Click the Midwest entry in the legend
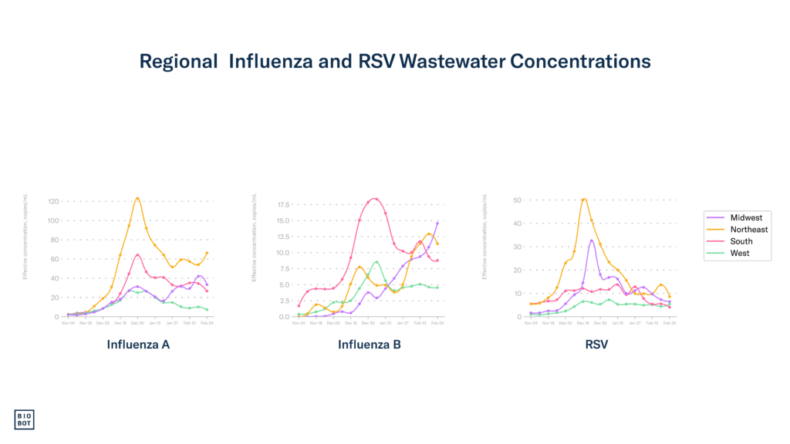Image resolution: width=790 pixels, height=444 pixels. (745, 218)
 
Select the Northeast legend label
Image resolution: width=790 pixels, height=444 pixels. (748, 230)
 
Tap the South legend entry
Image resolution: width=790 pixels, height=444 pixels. (741, 241)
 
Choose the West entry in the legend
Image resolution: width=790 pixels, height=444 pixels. (739, 253)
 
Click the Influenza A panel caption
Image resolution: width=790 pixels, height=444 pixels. (138, 345)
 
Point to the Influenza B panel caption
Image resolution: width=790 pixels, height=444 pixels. (370, 345)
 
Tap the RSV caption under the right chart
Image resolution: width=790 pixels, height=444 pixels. (596, 345)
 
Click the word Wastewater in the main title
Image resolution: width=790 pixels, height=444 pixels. (442, 62)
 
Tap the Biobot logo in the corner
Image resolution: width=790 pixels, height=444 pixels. (25, 419)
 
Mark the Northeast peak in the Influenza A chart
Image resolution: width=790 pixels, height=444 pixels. (137, 198)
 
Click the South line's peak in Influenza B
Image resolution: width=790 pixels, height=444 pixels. (375, 198)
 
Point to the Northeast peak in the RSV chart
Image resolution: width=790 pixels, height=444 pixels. (584, 199)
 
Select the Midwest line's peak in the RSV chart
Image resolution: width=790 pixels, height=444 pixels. (592, 240)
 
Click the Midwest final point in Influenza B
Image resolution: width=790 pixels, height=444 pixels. (438, 222)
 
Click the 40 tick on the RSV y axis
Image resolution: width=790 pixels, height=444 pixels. (518, 224)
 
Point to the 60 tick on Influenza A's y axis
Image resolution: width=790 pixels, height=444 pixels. (55, 259)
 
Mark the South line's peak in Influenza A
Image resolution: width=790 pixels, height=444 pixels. (138, 254)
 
